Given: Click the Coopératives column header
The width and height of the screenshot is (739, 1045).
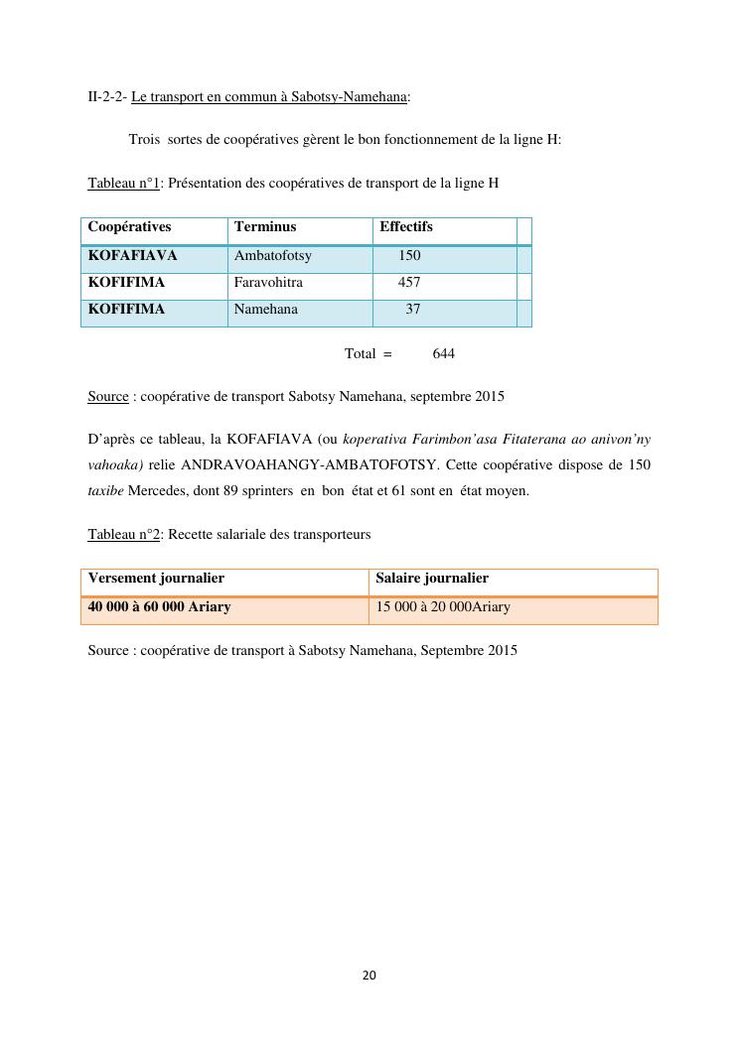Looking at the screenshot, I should pos(129,227).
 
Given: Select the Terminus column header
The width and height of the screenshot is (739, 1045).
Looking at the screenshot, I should pos(265,227).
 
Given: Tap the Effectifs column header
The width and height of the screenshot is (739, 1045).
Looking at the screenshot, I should pos(405,227).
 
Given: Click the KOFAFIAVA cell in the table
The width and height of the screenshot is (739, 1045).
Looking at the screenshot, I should pos(132,256).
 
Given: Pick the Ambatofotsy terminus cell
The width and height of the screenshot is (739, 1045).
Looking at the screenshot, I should pos(272,256).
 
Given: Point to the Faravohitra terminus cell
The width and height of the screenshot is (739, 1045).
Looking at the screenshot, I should pos(268,283).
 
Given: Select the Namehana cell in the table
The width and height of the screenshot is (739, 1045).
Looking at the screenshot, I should pos(265,310).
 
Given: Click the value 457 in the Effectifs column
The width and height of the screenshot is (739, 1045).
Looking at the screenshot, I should pos(409,283).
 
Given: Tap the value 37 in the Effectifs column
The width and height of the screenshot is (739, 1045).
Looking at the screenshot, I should pos(413,310).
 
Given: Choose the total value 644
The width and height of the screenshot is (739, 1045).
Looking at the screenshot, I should pos(444,354).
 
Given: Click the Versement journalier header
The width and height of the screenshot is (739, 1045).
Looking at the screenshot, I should pos(156,579).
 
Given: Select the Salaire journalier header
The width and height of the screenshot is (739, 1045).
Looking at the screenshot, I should pos(432,579).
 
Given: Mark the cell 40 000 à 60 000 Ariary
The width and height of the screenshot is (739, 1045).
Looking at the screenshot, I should pos(159,607).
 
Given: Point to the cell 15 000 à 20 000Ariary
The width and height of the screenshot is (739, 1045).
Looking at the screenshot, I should pos(443,607).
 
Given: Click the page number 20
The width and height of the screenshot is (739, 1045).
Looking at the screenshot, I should pos(369,976).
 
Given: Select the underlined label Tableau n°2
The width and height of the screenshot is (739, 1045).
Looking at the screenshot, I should pos(124,535).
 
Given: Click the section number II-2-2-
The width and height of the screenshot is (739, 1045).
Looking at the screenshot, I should pos(107,97).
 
